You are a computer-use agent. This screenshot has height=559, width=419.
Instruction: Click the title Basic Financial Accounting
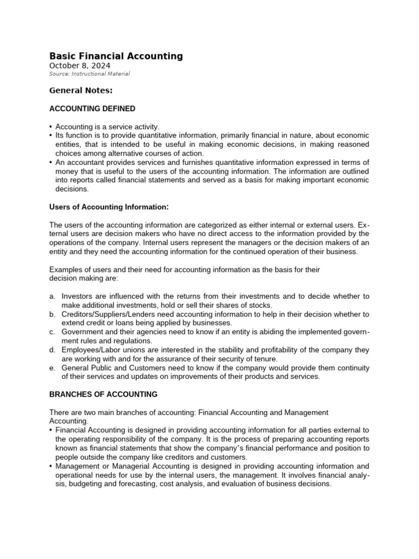(116, 56)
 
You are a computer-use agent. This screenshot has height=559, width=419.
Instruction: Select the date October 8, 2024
(80, 66)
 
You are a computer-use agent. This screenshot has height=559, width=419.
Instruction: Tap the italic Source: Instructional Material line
(89, 74)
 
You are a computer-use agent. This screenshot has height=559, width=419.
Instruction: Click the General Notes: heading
(81, 91)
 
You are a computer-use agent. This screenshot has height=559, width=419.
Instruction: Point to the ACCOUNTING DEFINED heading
(92, 109)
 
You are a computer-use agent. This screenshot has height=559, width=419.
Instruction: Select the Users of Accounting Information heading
(107, 207)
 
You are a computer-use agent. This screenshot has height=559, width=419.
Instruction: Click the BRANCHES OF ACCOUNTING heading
(103, 394)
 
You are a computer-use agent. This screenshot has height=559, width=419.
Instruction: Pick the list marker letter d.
(52, 350)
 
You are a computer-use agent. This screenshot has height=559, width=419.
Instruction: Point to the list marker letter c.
(52, 332)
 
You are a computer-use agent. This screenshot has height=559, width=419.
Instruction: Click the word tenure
(266, 359)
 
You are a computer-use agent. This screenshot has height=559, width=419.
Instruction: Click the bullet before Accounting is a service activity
(51, 127)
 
